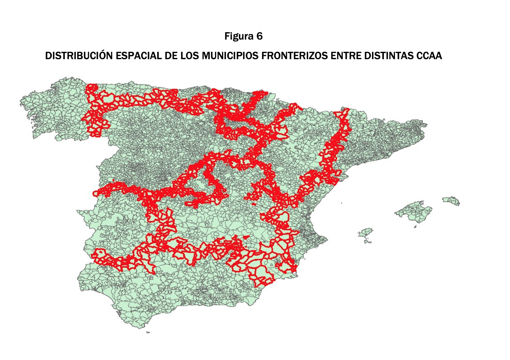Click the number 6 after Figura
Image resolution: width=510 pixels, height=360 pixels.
coord(259,36)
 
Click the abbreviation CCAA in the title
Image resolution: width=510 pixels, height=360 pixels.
coord(429,56)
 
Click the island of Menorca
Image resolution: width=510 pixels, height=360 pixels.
coord(451,200)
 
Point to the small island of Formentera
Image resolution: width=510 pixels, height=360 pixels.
coord(368,242)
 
